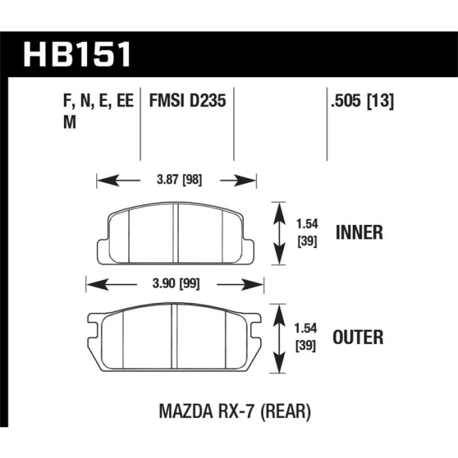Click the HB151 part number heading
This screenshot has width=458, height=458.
tap(77, 54)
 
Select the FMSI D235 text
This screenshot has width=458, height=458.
tap(188, 101)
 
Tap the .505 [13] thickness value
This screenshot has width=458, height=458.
tap(362, 101)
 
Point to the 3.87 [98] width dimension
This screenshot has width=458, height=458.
tap(179, 180)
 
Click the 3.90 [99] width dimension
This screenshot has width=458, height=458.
tap(176, 283)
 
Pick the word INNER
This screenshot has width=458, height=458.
tap(359, 232)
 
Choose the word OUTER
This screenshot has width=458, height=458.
tap(358, 337)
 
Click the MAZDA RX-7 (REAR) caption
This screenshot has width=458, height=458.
tap(235, 412)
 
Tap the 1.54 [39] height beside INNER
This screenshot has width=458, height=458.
tap(307, 233)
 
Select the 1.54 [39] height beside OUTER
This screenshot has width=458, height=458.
tap(306, 338)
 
